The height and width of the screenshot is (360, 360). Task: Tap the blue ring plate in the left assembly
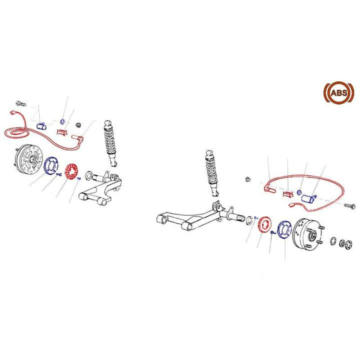click(x=51, y=166)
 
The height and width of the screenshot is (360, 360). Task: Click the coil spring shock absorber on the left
click(x=111, y=143)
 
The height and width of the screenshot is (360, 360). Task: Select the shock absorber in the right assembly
click(x=212, y=172)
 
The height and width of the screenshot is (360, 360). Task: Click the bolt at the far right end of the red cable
click(x=349, y=205)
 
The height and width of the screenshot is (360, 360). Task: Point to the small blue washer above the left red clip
click(x=61, y=121)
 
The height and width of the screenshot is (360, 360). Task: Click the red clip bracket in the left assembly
click(x=62, y=133)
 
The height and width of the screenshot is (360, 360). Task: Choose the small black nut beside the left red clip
click(x=77, y=124)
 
